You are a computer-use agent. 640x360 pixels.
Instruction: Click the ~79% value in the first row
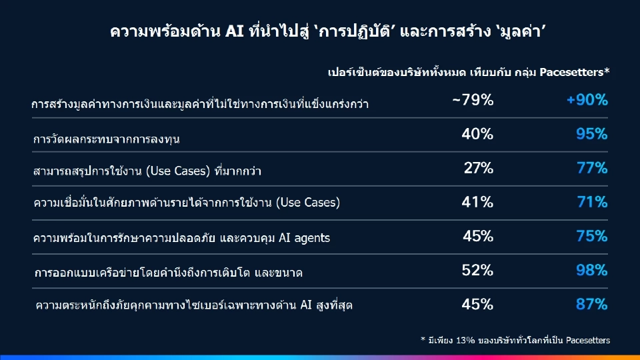coord(473,101)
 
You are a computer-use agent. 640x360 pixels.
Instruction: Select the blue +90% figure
coord(587,101)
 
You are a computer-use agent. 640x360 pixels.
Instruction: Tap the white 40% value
coord(477,134)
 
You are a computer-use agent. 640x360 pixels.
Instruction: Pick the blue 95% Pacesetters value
coord(592,134)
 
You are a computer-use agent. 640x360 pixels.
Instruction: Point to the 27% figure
coord(479,168)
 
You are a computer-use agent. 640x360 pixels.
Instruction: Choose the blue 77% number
coord(592,168)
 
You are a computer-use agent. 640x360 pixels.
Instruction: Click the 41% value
coord(477,202)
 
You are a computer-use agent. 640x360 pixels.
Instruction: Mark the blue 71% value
coord(592,202)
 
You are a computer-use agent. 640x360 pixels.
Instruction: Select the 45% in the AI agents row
coord(478,236)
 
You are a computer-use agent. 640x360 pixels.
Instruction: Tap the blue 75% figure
coord(592,236)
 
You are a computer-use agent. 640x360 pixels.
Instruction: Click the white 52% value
coord(477,270)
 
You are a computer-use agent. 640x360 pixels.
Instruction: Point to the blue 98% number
coord(592,270)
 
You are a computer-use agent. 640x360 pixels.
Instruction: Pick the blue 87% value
coord(592,305)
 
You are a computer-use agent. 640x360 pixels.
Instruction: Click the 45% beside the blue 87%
coord(477,305)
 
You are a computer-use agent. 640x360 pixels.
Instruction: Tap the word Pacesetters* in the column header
coord(575,72)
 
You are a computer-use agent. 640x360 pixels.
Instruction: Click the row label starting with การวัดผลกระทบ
coord(107,139)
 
